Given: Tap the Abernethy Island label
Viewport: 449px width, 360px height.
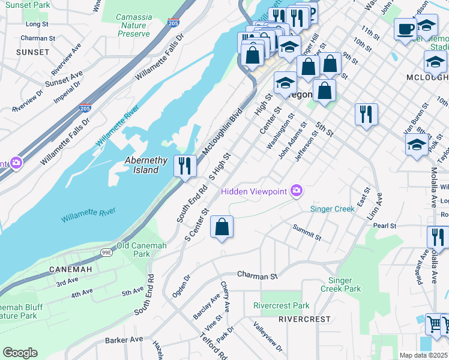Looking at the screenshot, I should (142, 165).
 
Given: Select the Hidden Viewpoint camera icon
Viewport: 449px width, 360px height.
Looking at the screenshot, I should (296, 191).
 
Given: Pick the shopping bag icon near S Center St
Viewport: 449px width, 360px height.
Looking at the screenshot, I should (221, 227).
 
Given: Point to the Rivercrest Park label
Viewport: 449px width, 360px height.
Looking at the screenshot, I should (281, 305).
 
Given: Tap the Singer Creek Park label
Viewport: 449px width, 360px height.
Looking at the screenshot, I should (345, 284).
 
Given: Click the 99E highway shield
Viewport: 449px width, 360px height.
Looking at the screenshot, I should (106, 253).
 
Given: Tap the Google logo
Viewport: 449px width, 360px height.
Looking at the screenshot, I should (20, 352).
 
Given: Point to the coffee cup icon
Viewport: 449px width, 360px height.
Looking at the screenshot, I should (405, 28).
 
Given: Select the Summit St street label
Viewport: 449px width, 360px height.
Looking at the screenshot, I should (307, 232).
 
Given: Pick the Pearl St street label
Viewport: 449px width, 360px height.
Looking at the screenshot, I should (385, 226).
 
